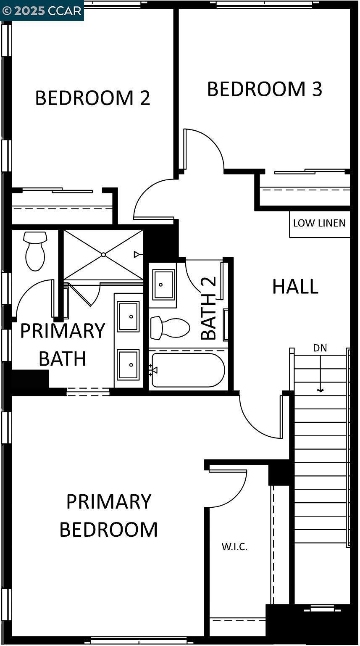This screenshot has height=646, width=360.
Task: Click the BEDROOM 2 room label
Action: click(92, 98)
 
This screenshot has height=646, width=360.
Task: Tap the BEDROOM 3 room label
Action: click(265, 89)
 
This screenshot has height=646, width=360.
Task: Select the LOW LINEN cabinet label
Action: click(319, 223)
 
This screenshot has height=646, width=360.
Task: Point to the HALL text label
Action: click(295, 286)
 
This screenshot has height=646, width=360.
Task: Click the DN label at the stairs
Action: click(320, 348)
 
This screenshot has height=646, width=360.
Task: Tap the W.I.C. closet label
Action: click(234, 546)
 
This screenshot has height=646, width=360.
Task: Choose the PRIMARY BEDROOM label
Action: click(108, 515)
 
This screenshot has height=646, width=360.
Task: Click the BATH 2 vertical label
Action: click(209, 308)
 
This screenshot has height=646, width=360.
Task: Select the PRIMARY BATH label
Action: click(63, 345)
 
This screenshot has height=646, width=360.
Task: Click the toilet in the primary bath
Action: click(35, 251)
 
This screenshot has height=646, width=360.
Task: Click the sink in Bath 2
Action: click(163, 285)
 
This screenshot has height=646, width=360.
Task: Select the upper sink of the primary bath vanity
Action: click(128, 316)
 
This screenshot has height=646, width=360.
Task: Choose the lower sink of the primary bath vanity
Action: click(128, 364)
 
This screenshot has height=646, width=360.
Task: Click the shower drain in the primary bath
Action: click(103, 255)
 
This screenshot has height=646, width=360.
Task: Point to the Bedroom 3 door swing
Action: click(204, 149)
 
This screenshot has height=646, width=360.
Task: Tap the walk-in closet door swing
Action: click(228, 488)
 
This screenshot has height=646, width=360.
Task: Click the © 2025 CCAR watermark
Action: click(42, 11)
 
